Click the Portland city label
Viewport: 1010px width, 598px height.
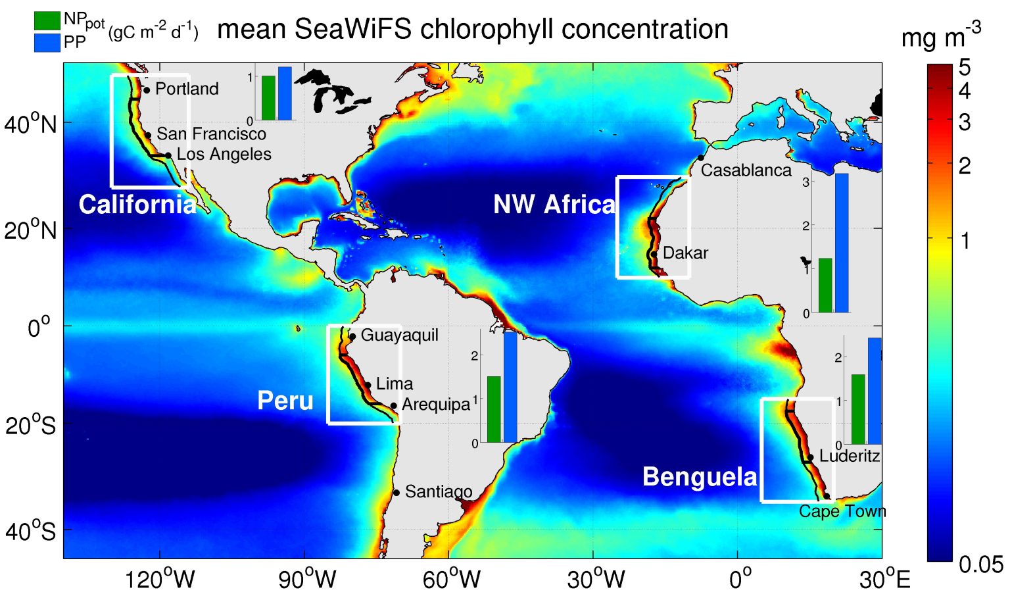click(187, 89)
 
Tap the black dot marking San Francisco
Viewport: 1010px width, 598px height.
click(148, 136)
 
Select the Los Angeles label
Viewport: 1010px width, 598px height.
click(224, 154)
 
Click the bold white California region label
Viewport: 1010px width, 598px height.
click(137, 205)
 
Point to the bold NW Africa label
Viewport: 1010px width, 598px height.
click(554, 205)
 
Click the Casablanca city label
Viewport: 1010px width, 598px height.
click(746, 170)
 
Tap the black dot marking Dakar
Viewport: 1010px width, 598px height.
click(654, 254)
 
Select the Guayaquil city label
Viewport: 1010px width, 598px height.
click(399, 335)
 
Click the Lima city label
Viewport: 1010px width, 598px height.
click(395, 384)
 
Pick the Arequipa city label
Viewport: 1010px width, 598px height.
click(436, 404)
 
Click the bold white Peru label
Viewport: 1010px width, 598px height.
click(285, 401)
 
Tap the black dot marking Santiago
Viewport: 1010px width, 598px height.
click(397, 493)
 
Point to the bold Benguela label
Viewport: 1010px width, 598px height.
click(700, 477)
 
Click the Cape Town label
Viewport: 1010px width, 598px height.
click(842, 511)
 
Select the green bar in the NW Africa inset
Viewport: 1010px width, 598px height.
click(825, 286)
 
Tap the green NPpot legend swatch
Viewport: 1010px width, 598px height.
click(47, 20)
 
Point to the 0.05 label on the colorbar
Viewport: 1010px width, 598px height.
click(980, 564)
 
